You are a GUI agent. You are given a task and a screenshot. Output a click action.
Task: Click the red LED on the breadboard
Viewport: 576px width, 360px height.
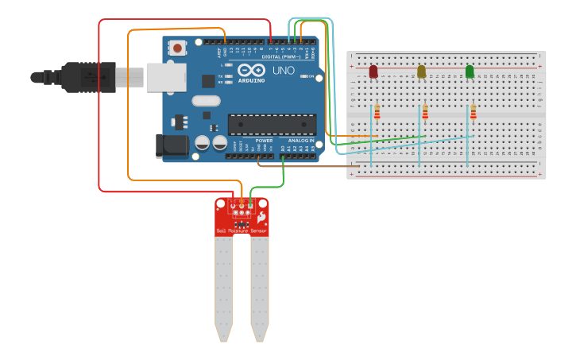pos(373,72)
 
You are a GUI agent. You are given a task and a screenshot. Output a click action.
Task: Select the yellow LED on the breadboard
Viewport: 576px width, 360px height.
pos(422,72)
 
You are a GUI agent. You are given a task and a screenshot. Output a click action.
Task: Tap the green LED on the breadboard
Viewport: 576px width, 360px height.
pos(470,72)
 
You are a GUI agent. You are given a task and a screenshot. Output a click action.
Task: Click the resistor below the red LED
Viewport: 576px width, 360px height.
pos(377,112)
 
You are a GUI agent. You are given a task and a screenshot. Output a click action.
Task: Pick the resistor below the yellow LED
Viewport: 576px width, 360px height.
pos(425,112)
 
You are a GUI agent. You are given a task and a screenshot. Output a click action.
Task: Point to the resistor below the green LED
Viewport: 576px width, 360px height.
pos(474,112)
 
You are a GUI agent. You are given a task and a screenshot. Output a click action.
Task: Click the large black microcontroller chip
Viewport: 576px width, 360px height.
pos(272,124)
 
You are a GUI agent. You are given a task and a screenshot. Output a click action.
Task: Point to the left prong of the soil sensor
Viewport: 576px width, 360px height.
pos(224,286)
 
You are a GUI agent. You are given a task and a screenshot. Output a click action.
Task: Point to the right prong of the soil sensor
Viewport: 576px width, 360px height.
pos(260,286)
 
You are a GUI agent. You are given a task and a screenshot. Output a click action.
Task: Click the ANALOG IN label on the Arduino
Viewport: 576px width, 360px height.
pos(300,141)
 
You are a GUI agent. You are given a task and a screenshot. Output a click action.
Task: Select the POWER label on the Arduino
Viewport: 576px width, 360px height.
pos(264,141)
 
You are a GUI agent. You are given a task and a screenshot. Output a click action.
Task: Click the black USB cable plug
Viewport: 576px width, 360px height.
pos(87,77)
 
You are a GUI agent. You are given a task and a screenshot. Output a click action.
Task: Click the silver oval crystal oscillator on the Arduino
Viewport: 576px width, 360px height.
pos(205,101)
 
